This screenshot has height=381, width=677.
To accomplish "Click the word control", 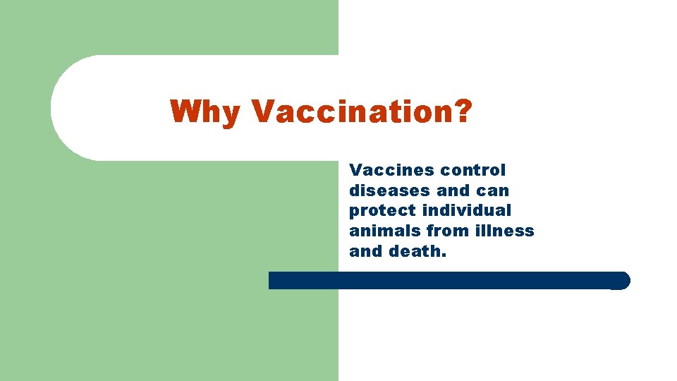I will point(473,170).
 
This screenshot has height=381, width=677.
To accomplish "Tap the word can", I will point(493,190).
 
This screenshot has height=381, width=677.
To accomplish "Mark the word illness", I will point(504,231).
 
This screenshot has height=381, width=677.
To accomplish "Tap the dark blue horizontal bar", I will point(444,280).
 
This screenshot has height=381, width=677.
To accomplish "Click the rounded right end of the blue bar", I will point(621,281).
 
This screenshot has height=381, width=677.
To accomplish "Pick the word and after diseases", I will point(453,190).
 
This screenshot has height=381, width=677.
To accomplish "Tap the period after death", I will point(444,255).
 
